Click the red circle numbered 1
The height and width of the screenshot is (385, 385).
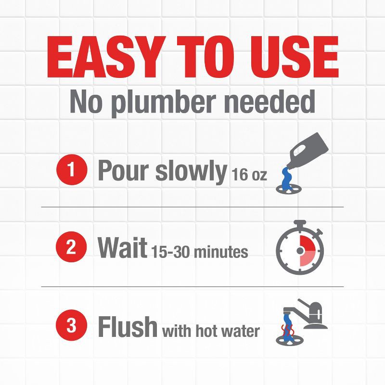click(71, 171)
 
